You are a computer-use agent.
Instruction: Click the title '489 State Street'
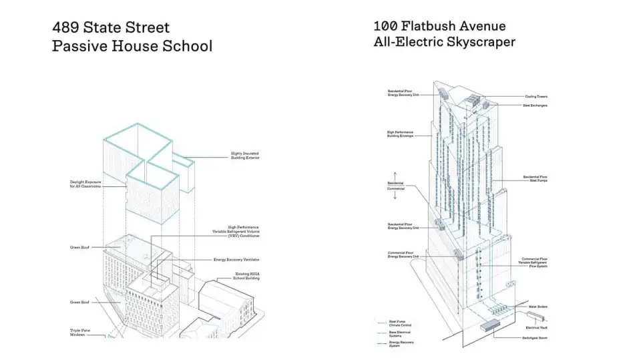click(111, 28)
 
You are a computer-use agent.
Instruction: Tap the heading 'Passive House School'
click(132, 46)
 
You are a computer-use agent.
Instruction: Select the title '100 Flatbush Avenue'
click(439, 26)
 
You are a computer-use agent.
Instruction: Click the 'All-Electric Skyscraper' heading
click(444, 42)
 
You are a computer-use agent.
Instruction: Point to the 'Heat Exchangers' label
click(535, 106)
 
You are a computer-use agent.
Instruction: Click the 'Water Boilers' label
click(538, 307)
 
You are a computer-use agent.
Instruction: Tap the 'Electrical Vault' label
click(537, 327)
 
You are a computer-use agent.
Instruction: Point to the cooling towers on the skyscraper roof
click(471, 102)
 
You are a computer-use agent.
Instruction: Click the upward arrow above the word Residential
click(394, 176)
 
